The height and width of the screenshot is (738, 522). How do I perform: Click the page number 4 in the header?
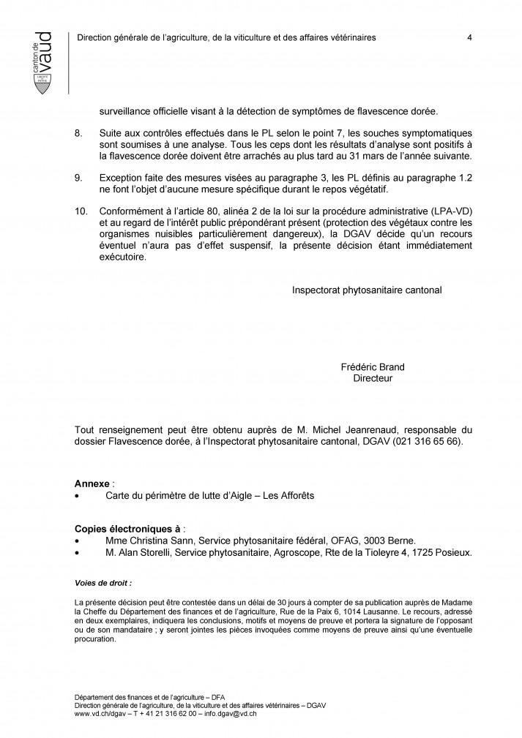[x=469, y=38]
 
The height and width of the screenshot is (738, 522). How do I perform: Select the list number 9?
[x=79, y=178]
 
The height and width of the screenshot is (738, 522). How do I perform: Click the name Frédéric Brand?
[x=373, y=367]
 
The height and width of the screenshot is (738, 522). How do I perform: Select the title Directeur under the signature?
[x=373, y=378]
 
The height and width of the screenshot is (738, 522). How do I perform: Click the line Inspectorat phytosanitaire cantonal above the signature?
[x=367, y=290]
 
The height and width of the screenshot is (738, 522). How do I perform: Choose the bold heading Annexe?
[x=92, y=484]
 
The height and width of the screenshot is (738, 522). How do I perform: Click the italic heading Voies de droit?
[x=103, y=584]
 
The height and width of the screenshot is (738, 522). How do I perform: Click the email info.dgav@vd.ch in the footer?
[x=216, y=713]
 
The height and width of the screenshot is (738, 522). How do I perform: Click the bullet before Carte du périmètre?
[x=77, y=496]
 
